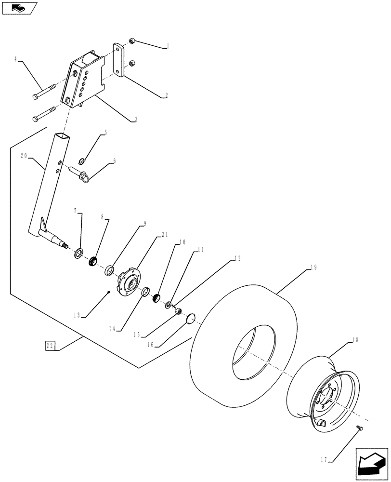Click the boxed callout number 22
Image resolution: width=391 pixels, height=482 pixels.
[51, 346]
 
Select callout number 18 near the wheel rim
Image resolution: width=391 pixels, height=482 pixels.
[355, 340]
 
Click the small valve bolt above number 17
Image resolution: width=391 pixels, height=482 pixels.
[358, 428]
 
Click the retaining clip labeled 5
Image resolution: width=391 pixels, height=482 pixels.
[82, 161]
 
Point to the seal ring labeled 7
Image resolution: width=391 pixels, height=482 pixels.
[78, 253]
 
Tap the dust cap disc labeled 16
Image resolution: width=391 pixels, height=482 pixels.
[191, 318]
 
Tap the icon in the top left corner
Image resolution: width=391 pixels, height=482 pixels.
[19, 8]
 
